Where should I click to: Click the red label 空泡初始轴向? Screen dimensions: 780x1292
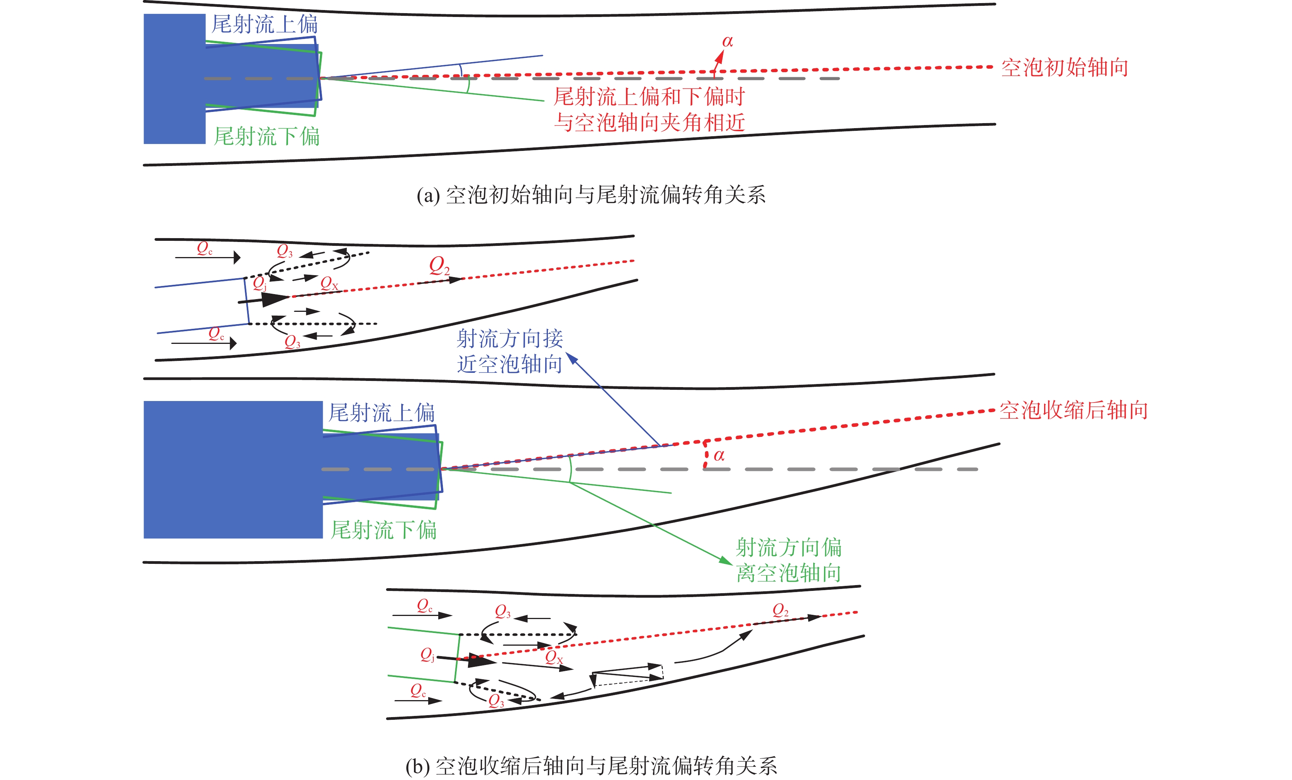(x=1065, y=68)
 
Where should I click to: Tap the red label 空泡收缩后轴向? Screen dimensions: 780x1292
(x=1073, y=410)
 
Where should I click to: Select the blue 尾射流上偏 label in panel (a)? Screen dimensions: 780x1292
(x=264, y=24)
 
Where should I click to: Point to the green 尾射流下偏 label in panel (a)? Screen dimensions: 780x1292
(x=266, y=136)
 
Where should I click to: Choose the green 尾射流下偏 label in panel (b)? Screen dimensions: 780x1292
(x=383, y=530)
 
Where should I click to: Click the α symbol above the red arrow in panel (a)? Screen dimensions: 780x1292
(x=727, y=41)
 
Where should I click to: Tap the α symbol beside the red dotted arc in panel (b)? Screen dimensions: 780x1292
(x=719, y=455)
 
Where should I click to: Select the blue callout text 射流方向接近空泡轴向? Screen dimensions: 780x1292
(x=509, y=351)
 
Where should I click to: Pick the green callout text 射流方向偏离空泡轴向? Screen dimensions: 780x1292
(x=788, y=560)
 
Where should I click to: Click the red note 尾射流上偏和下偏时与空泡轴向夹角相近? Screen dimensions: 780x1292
(x=649, y=110)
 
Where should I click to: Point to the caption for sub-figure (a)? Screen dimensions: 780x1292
(x=591, y=195)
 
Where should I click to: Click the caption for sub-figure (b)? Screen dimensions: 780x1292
(x=591, y=766)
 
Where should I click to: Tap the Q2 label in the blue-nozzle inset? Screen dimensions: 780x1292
(x=439, y=266)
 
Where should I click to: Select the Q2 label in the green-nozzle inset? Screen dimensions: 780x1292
(x=780, y=610)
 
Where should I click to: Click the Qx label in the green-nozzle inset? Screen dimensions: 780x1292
(x=554, y=657)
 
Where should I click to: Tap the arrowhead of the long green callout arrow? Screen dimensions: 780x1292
(x=728, y=562)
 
